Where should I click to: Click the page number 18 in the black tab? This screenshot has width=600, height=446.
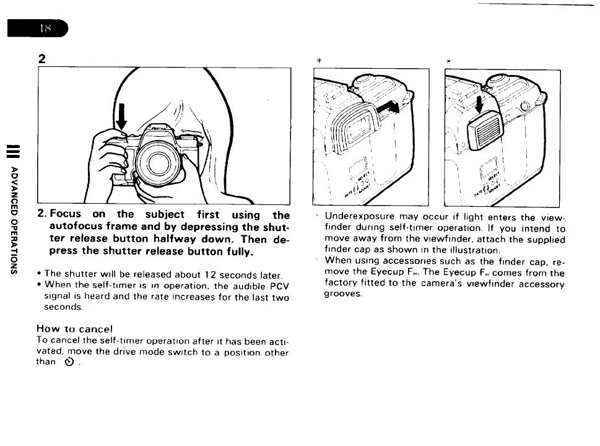(45, 28)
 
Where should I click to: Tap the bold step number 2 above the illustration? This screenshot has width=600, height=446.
(41, 59)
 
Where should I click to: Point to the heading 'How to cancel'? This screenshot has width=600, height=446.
(74, 328)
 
